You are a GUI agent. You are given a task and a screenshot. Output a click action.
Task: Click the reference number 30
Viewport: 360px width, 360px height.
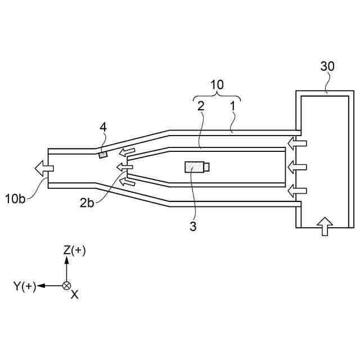(327, 66)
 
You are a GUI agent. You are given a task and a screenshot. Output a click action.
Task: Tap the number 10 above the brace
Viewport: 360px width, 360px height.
(217, 85)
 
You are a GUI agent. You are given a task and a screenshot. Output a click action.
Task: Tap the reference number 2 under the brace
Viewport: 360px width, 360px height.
(200, 105)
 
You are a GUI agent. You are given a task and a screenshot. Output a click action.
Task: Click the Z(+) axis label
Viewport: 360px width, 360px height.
(74, 250)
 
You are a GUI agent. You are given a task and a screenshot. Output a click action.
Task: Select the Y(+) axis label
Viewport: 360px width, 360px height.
(25, 286)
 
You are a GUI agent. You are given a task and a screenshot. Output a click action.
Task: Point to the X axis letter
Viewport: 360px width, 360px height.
(74, 294)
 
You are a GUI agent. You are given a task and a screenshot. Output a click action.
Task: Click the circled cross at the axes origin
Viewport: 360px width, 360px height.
(66, 286)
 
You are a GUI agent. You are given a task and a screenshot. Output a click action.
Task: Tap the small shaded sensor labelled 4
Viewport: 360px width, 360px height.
(103, 154)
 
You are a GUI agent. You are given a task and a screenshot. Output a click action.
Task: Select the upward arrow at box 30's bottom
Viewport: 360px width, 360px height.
(325, 227)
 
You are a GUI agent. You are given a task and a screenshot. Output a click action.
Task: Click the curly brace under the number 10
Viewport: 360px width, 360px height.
(217, 96)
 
